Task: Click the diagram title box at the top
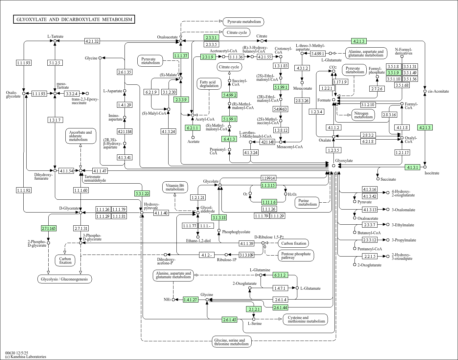pyautogui.click(x=74, y=19)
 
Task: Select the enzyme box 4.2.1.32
pyautogui.click(x=92, y=41)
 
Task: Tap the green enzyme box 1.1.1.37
pyautogui.click(x=181, y=56)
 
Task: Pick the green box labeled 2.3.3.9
pyautogui.click(x=181, y=100)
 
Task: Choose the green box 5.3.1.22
pyautogui.click(x=142, y=193)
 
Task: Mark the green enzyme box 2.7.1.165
pyautogui.click(x=49, y=228)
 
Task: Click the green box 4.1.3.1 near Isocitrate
pyautogui.click(x=413, y=167)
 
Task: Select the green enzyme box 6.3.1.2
pyautogui.click(x=280, y=275)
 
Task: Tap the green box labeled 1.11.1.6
pyautogui.click(x=269, y=202)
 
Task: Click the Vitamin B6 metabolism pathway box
pyautogui.click(x=175, y=187)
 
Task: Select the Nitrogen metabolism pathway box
pyautogui.click(x=363, y=115)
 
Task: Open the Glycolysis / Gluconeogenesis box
pyautogui.click(x=64, y=279)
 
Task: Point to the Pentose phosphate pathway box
pyautogui.click(x=296, y=256)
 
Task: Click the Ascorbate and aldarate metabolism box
pyautogui.click(x=80, y=136)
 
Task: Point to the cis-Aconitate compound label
pyautogui.click(x=438, y=91)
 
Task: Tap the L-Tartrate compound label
pyautogui.click(x=55, y=36)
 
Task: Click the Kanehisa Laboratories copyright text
pyautogui.click(x=26, y=357)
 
